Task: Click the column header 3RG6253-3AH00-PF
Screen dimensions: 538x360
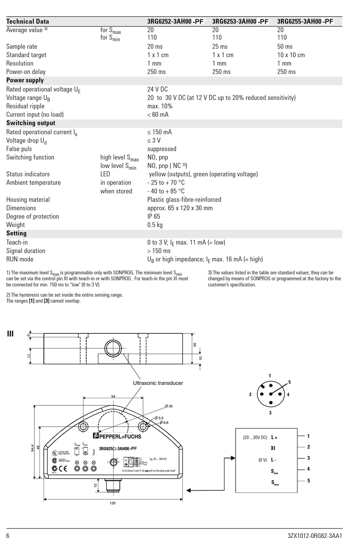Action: (240, 22)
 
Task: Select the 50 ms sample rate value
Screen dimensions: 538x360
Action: (285, 47)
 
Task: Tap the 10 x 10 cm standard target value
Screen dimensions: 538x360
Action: (291, 55)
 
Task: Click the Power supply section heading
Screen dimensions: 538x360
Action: (25, 80)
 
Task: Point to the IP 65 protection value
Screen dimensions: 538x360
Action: (153, 216)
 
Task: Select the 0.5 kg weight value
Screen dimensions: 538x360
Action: (155, 225)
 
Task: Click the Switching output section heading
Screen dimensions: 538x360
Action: (31, 123)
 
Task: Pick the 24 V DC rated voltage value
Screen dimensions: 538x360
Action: (157, 89)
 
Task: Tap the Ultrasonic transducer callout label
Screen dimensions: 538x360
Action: (158, 383)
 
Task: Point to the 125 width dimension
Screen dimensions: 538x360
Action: (113, 503)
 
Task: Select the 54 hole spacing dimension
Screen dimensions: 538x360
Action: (113, 396)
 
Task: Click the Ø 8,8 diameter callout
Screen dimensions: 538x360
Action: (164, 422)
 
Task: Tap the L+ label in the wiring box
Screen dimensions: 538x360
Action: (274, 437)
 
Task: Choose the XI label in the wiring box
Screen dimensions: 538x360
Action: (273, 448)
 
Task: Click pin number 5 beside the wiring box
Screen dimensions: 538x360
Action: (308, 481)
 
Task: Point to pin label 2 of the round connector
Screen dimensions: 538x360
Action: (250, 394)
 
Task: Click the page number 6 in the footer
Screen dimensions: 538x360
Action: (8, 535)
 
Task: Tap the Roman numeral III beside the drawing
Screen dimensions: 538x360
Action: (10, 334)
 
